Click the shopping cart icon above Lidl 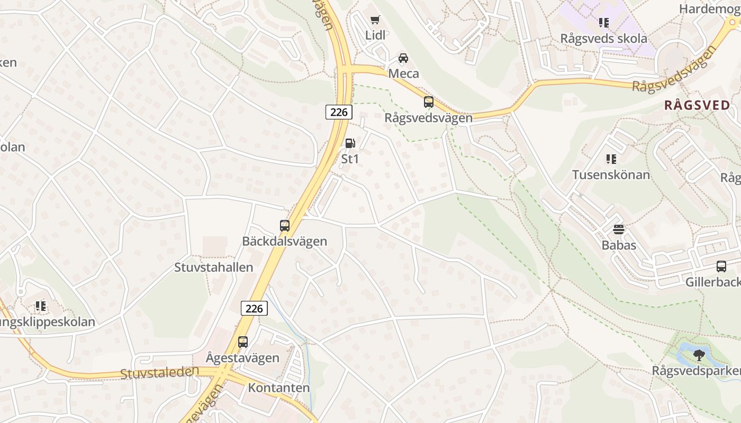[375, 20]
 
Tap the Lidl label [375, 35]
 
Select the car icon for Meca [403, 58]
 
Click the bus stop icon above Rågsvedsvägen [429, 102]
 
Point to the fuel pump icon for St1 [350, 143]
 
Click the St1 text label [350, 159]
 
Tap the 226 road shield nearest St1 [339, 112]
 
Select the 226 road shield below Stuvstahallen [254, 308]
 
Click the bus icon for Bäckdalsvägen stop [285, 226]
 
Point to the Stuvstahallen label [214, 268]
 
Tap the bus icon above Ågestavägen [243, 342]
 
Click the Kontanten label [279, 388]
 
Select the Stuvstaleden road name [159, 372]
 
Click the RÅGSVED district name [697, 105]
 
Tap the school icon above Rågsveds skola [604, 23]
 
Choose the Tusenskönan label [611, 175]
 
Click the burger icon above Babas [619, 229]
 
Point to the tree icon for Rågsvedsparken [699, 355]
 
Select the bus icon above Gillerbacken [721, 266]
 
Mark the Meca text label [403, 73]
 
